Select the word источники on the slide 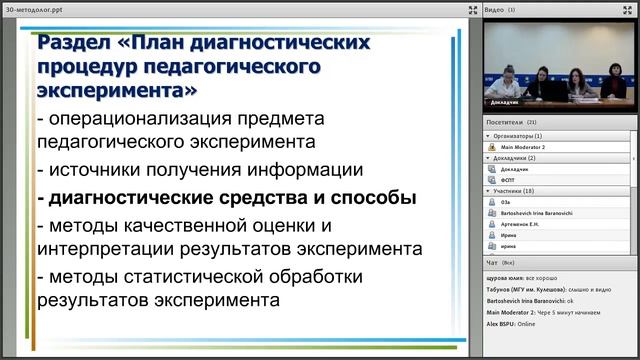90,169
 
